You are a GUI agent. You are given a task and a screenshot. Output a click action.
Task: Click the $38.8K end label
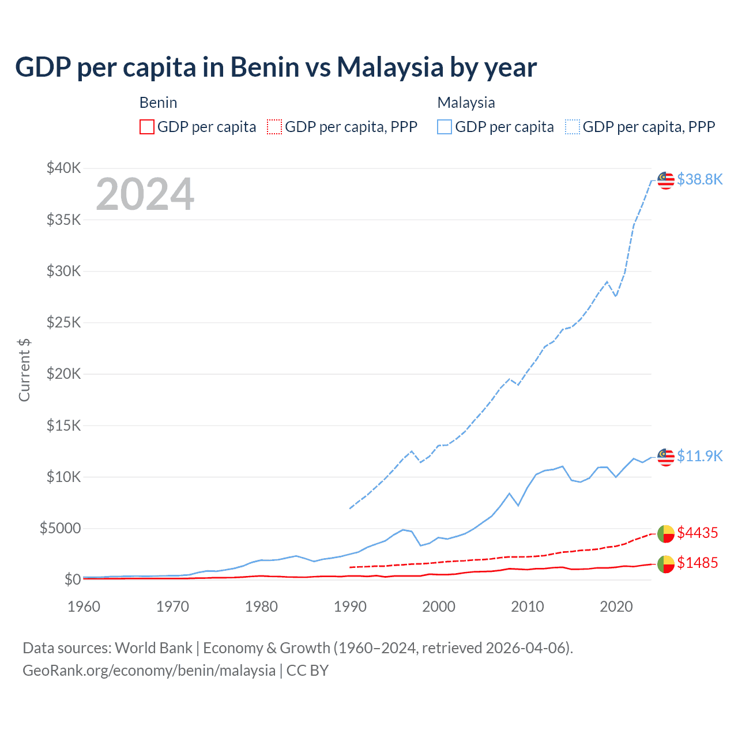pyautogui.click(x=699, y=179)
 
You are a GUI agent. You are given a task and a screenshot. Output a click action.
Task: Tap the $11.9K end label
pyautogui.click(x=699, y=456)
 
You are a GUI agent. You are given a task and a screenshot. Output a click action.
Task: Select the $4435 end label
pyautogui.click(x=697, y=533)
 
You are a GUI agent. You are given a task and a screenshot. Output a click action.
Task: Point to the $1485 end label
pyautogui.click(x=697, y=563)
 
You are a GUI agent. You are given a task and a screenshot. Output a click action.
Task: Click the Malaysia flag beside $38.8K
pyautogui.click(x=666, y=180)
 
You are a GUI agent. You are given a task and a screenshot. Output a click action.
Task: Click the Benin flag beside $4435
pyautogui.click(x=666, y=534)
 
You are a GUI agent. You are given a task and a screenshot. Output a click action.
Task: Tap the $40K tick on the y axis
pyautogui.click(x=63, y=168)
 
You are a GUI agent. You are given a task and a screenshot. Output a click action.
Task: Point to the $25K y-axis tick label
pyautogui.click(x=63, y=322)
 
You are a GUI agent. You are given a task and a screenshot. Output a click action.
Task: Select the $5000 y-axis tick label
pyautogui.click(x=60, y=528)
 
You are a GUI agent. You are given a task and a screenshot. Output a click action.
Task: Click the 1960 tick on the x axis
pyautogui.click(x=84, y=607)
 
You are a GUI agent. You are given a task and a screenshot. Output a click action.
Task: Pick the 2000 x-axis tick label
pyautogui.click(x=439, y=607)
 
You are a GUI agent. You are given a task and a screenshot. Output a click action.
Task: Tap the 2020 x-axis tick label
pyautogui.click(x=616, y=607)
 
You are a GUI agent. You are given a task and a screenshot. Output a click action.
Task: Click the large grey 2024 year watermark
pyautogui.click(x=145, y=194)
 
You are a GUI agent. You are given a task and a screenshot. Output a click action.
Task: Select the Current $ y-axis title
pyautogui.click(x=24, y=370)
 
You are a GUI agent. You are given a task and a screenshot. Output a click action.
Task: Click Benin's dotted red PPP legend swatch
pyautogui.click(x=274, y=127)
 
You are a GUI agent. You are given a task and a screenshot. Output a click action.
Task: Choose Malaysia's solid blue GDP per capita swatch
pyautogui.click(x=445, y=127)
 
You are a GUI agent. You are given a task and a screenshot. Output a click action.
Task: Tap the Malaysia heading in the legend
pyautogui.click(x=466, y=103)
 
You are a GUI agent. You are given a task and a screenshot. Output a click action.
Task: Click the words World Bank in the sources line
pyautogui.click(x=153, y=648)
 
